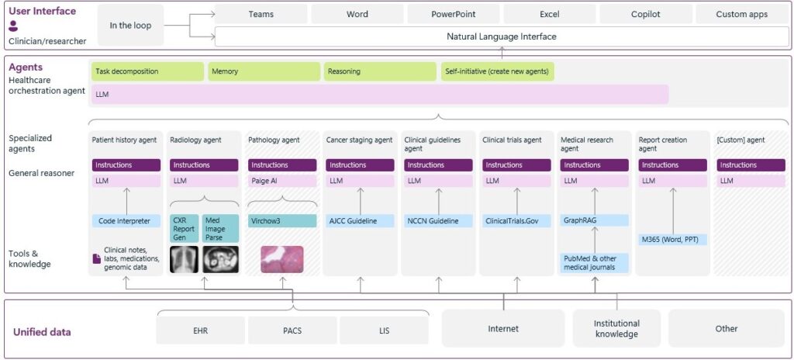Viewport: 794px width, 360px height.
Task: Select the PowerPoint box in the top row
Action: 453,15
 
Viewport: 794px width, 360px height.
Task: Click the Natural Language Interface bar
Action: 501,36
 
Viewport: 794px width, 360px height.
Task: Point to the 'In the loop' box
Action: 130,26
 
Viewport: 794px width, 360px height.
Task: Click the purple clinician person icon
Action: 13,26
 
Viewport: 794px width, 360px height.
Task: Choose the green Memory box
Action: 264,71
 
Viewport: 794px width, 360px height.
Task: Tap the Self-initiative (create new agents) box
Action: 497,71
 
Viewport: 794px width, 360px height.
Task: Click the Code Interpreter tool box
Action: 126,221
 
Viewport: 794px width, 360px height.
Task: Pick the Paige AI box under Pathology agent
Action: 281,181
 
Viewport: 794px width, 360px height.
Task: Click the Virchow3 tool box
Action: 281,221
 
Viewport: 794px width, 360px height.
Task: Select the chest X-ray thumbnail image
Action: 184,259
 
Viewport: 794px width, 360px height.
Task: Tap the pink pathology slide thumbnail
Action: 281,259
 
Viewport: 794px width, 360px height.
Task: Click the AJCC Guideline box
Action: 360,221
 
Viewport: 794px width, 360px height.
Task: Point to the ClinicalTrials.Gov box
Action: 516,221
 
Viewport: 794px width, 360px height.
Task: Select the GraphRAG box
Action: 594,221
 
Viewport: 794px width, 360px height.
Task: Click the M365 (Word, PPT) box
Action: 672,240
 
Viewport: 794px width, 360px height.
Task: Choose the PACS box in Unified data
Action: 292,330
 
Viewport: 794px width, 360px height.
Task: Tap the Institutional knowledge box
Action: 616,328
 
